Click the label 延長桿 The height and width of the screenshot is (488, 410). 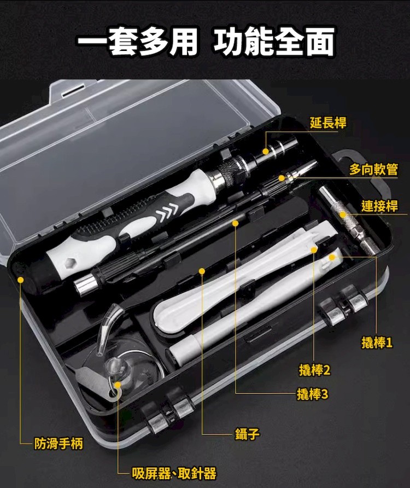pos(328,123)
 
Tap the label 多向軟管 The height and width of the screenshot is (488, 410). pos(373,169)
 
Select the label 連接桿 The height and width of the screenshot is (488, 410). pos(379,206)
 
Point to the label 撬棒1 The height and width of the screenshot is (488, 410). pos(377,342)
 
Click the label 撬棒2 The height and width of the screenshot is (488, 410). pos(314,370)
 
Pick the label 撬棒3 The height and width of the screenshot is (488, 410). pos(312,394)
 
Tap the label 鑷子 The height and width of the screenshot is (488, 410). pos(247,433)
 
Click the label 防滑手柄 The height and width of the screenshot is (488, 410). pos(58,444)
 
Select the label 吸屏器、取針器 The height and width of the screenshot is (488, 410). pos(174,474)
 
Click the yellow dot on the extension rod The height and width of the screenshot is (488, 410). pos(265,151)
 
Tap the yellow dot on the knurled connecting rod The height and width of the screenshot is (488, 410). pos(343,215)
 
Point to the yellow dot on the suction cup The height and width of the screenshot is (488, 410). pos(118,385)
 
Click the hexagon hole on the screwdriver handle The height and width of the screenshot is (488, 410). pos(68,264)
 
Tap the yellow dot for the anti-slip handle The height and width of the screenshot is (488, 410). pos(21,280)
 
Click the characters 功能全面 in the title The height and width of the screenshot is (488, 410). pos(274,42)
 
